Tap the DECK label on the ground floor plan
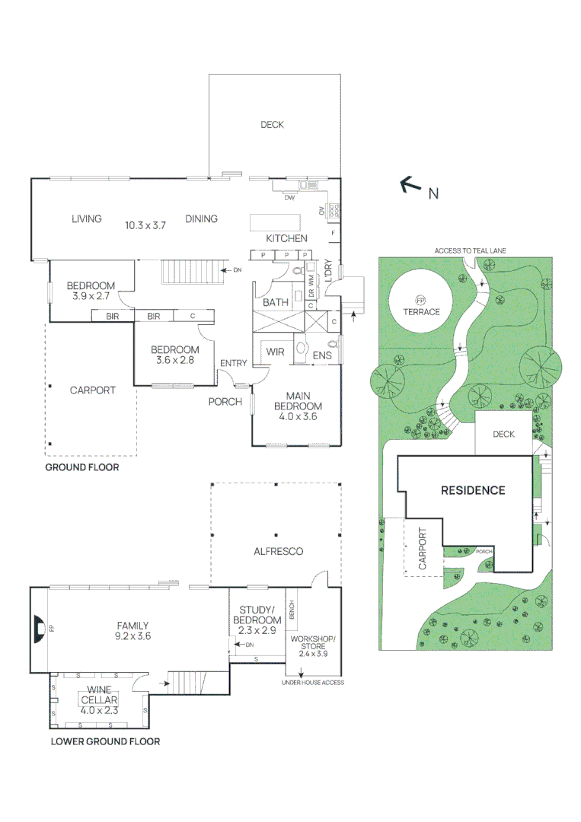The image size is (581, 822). [272, 125]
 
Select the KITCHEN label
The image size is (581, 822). [286, 238]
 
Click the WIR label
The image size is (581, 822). [275, 353]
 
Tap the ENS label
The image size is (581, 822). [322, 355]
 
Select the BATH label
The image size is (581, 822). [275, 302]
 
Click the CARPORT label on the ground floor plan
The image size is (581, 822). [92, 390]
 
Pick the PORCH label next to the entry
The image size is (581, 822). [225, 401]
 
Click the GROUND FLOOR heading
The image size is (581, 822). [81, 467]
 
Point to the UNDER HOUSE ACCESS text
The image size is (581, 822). [312, 683]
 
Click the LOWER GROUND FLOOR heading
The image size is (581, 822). [105, 741]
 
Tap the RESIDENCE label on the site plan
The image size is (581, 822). [473, 490]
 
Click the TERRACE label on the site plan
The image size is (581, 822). [422, 312]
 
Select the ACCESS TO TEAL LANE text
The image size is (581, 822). [470, 250]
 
